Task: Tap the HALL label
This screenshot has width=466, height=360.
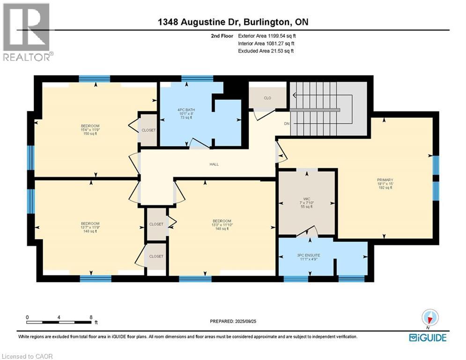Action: click(x=214, y=164)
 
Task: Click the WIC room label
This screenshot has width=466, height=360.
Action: click(x=306, y=198)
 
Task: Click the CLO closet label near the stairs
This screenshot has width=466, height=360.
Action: click(x=267, y=98)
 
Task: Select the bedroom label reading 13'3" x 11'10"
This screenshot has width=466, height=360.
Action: click(x=222, y=225)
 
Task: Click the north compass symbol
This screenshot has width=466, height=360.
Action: click(x=429, y=317)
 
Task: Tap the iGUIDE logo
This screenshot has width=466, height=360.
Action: click(x=428, y=337)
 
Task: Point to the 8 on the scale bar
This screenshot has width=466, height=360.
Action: click(x=90, y=317)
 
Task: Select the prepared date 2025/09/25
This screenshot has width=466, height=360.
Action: click(x=253, y=322)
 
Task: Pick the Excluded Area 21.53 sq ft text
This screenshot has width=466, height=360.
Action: click(x=266, y=51)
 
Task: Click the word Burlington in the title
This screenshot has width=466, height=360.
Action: click(x=264, y=22)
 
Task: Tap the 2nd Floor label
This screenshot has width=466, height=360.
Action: click(x=222, y=36)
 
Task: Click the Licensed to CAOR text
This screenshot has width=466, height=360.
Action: click(x=27, y=356)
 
